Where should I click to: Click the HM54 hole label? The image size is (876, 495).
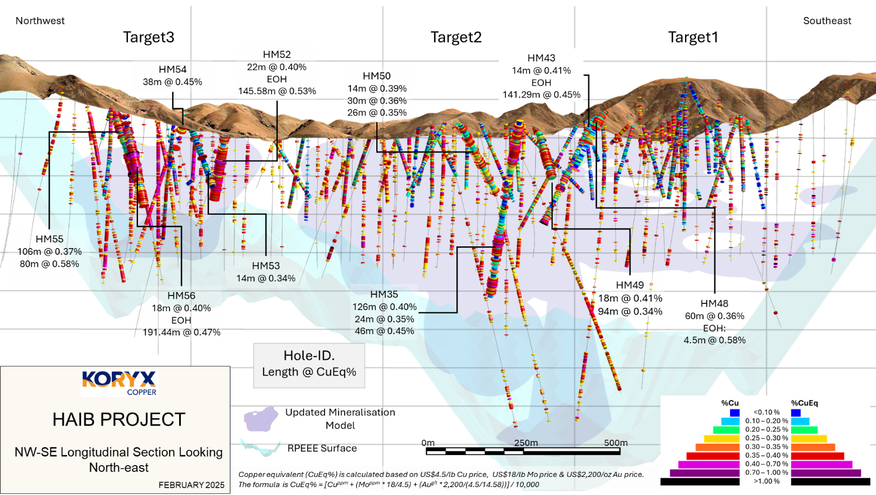pos(172,69)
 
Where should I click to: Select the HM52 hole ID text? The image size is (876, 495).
pos(277,55)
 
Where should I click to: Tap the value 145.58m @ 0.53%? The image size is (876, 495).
pos(277,91)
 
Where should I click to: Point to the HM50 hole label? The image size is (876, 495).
pos(376,76)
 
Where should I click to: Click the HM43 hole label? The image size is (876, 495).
pos(541,58)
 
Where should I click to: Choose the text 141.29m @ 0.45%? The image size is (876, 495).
pos(541,95)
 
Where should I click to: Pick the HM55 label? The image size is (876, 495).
pos(50,239)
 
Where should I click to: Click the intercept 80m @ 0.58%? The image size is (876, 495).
pos(50,264)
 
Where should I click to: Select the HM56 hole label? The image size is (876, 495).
pos(181,296)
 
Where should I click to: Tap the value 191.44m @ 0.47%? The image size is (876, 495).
pos(181,333)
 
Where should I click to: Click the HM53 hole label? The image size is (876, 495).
pos(265,266)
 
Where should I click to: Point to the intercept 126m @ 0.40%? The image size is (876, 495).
pos(385,307)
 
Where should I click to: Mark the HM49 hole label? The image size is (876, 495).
pos(630,285)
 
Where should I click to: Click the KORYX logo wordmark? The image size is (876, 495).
pos(119,379)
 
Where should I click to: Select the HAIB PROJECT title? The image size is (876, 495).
pos(119,419)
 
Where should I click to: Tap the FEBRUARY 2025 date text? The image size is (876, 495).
pos(192,485)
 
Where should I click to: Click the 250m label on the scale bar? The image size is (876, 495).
pos(526,443)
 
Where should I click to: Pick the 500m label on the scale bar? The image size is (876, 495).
pos(616,443)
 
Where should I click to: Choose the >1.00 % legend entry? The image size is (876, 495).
pos(767,481)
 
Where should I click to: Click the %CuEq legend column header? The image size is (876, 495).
pos(804,403)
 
